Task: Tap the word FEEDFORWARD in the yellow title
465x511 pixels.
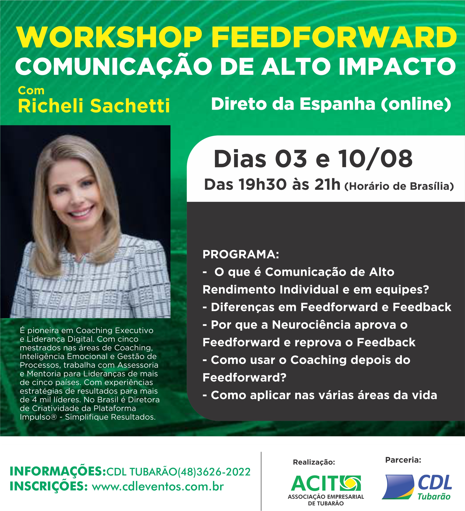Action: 334,37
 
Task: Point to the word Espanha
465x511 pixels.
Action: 337,104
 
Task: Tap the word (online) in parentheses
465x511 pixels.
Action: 416,104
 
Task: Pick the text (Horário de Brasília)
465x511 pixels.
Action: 399,186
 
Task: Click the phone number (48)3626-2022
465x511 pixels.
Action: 214,472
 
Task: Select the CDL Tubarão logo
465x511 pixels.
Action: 417,490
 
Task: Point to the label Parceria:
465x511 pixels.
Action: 403,460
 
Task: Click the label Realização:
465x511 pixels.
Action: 314,462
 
